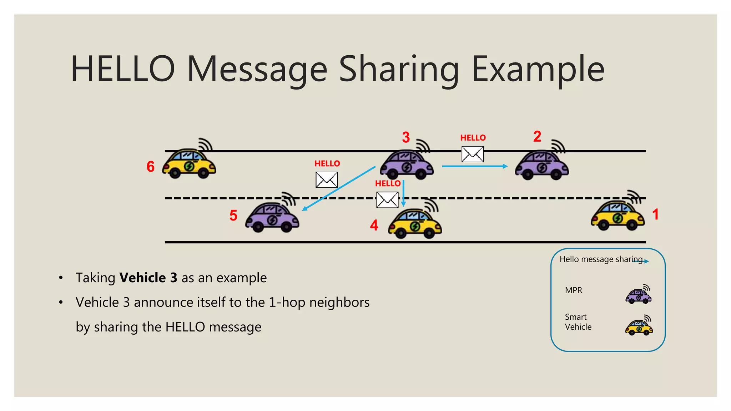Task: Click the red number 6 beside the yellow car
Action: pyautogui.click(x=151, y=167)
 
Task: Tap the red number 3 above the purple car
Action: pyautogui.click(x=406, y=137)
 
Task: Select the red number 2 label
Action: pyautogui.click(x=537, y=136)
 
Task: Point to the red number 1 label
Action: pyautogui.click(x=655, y=214)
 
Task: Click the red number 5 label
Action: pyautogui.click(x=233, y=215)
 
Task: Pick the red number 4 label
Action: pyautogui.click(x=374, y=225)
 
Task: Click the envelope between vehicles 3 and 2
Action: pyautogui.click(x=473, y=154)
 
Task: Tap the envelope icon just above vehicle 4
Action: pyautogui.click(x=387, y=200)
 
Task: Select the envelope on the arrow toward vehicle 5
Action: pyautogui.click(x=327, y=180)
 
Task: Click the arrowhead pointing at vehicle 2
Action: pyautogui.click(x=505, y=166)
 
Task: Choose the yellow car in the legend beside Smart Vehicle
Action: pyautogui.click(x=639, y=326)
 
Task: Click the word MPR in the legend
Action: pyautogui.click(x=574, y=290)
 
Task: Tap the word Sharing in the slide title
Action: pyautogui.click(x=399, y=70)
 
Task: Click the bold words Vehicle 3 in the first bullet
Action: pyautogui.click(x=148, y=278)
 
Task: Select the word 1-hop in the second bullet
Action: pyautogui.click(x=287, y=303)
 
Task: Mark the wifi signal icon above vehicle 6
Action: pyautogui.click(x=205, y=144)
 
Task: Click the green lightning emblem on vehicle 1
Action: pyautogui.click(x=617, y=218)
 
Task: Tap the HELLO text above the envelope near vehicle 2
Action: pyautogui.click(x=473, y=138)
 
